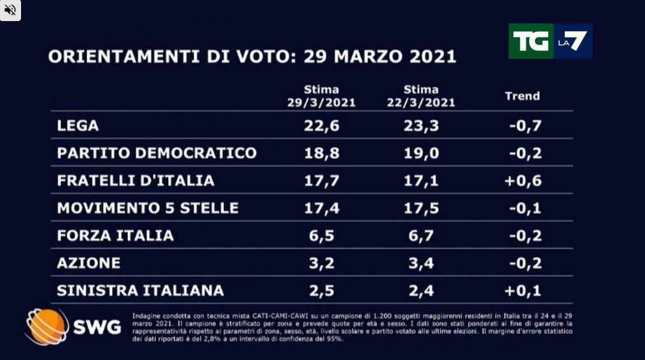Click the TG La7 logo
550,41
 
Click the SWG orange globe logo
46,327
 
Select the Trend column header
522,96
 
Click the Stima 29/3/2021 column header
322,96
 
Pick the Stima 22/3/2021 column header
421,96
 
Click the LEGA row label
78,126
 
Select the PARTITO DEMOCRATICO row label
157,153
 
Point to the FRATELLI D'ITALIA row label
136,180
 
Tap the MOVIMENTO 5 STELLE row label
148,208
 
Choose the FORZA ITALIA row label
115,235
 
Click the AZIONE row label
89,263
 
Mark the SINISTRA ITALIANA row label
140,291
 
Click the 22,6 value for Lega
322,126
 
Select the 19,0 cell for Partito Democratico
421,153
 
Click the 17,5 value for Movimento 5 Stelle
421,208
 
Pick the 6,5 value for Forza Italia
322,235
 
